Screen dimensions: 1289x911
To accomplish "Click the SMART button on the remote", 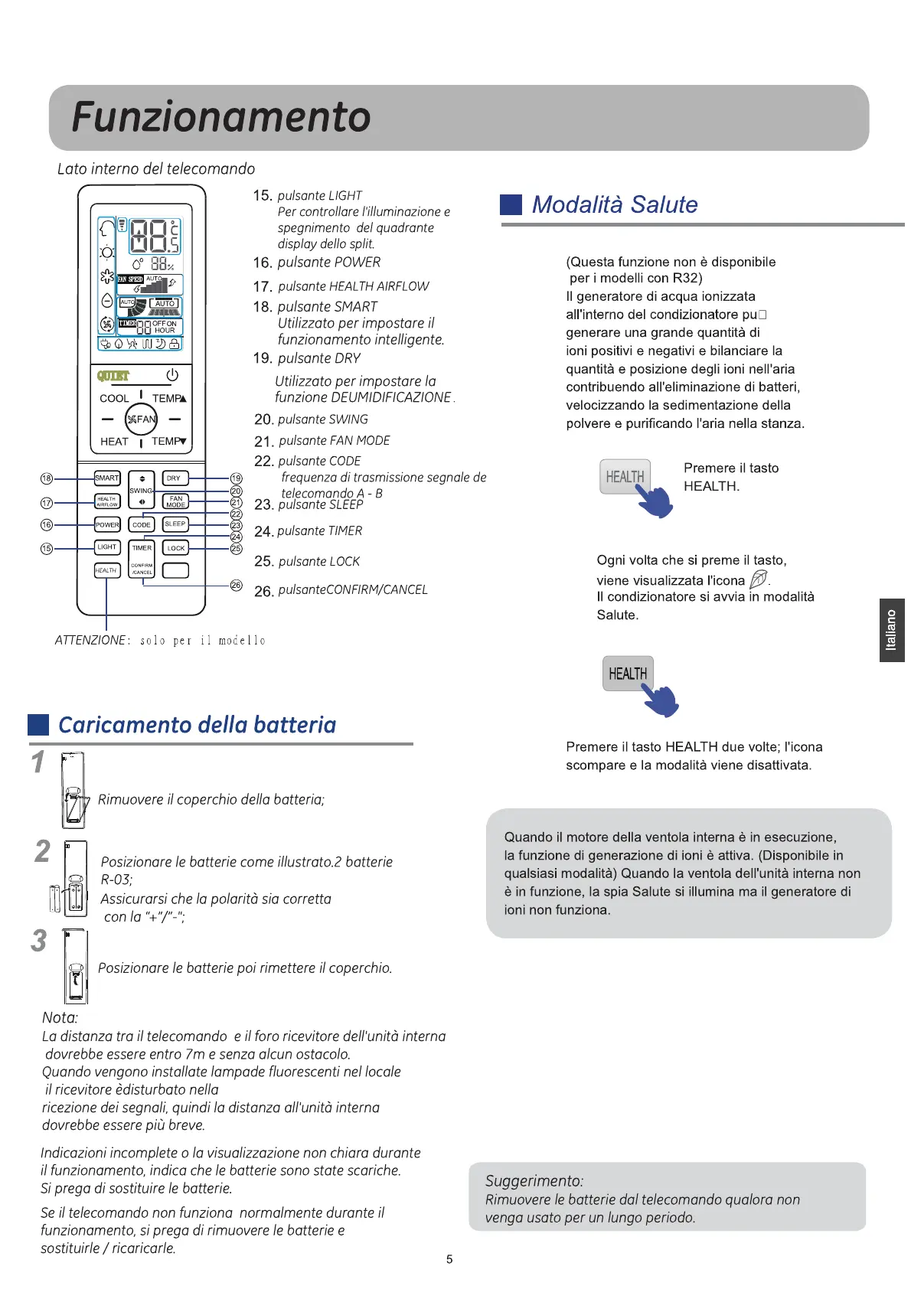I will (107, 478).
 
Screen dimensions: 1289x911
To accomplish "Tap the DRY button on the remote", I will (175, 478).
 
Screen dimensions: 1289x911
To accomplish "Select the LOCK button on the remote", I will (176, 548).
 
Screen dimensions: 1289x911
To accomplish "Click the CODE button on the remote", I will (142, 524).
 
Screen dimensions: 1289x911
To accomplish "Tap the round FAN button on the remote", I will (142, 419).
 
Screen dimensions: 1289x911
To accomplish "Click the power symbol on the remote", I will (172, 375).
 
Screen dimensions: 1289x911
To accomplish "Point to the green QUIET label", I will (113, 376).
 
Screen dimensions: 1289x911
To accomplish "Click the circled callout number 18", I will (47, 478).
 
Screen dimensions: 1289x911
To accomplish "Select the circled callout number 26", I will (237, 586).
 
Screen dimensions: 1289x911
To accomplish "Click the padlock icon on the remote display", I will (175, 344).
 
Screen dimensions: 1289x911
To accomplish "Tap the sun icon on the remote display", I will (107, 252).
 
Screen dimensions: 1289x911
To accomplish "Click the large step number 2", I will (43, 851).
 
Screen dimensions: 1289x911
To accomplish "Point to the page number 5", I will (449, 1259).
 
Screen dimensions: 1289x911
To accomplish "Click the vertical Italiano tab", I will (892, 630).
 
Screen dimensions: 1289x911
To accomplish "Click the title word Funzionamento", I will (221, 117).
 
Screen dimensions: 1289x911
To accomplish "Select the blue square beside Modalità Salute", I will (511, 204).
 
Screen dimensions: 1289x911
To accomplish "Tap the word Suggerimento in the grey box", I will (534, 1180).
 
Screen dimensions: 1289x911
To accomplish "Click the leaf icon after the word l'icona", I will (758, 579).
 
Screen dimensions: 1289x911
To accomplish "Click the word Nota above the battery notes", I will (60, 1017).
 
